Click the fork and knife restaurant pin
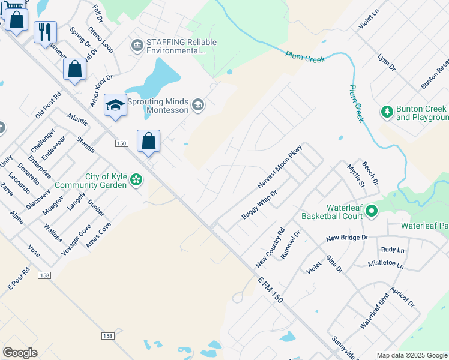pos(45,32)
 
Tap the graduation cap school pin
pos(115,106)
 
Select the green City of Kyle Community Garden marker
pos(137,179)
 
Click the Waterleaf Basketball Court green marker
pos(371,211)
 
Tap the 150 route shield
pos(121,143)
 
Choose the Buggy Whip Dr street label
pos(259,205)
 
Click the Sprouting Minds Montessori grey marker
pos(199,106)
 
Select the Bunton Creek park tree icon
pos(387,112)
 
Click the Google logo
pos(20,353)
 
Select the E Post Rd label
pos(19,279)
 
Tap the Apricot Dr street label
pos(402,296)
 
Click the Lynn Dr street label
pos(387,62)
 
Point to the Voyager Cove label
pos(76,238)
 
